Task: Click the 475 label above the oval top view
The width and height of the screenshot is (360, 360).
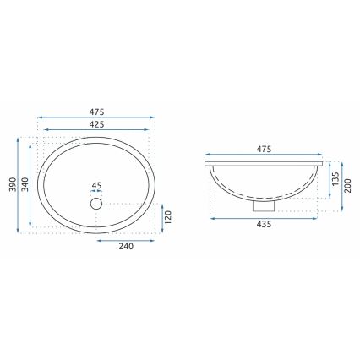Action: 98,110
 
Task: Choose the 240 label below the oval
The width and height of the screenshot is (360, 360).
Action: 127,247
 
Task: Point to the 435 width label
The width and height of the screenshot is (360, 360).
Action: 263,226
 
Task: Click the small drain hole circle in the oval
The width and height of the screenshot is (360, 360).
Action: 95,203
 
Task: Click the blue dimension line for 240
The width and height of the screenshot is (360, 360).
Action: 127,238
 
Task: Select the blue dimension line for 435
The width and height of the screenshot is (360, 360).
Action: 263,217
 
